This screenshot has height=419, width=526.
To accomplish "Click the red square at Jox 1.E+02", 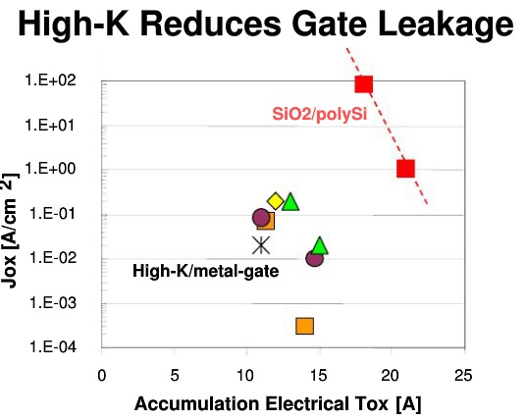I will tap(364, 84).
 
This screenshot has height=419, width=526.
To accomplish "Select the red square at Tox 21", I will tap(405, 168).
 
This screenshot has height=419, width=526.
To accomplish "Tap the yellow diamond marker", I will tap(276, 201).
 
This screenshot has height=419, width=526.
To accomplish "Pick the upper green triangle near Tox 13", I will tap(289, 202).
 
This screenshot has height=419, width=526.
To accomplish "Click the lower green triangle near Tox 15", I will tap(320, 245).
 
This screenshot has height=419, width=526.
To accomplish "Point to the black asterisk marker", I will tap(261, 245).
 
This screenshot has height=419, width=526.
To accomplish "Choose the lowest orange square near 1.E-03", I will tap(304, 326).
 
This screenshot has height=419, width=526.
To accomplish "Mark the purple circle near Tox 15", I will tap(314, 258).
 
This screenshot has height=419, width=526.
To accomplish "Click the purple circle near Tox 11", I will tap(260, 218).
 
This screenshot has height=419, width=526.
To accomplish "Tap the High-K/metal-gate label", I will tap(205, 271).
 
